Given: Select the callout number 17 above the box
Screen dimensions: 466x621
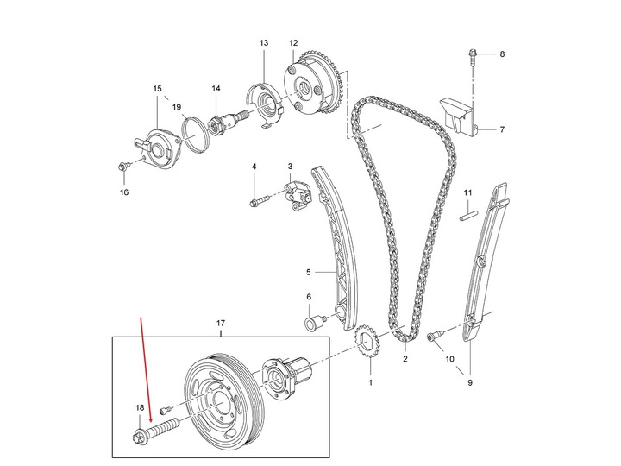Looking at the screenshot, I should tap(220, 324).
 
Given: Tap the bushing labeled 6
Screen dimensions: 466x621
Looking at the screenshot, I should tap(310, 324).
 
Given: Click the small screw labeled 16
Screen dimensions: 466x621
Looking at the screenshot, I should tap(123, 164).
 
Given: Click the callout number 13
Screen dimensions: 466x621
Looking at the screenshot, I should tap(264, 42).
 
